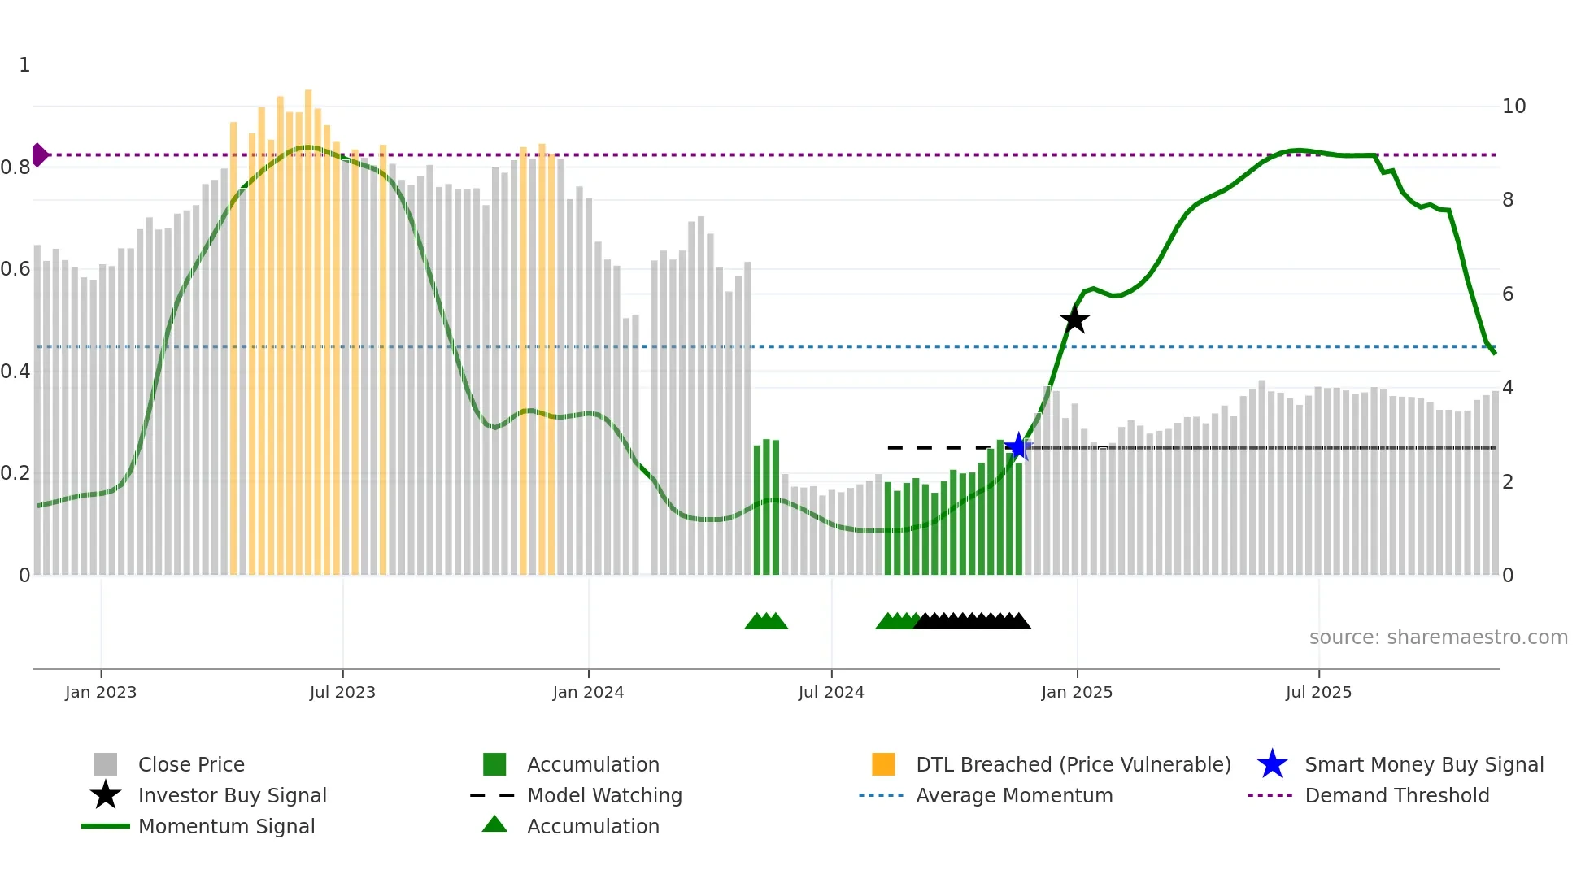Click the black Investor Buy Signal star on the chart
tap(1074, 320)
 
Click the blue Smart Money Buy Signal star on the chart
tap(1018, 446)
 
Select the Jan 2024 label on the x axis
tap(588, 692)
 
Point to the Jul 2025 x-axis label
tap(1318, 692)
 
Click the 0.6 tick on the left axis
tap(15, 269)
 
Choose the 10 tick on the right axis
tap(1513, 107)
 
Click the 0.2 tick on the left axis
tap(15, 473)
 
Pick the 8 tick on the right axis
tap(1508, 200)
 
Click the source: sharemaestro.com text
tap(1438, 637)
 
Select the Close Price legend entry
tap(191, 764)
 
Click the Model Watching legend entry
tap(604, 795)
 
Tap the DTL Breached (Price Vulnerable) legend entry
tap(1073, 764)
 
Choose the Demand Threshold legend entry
tap(1396, 795)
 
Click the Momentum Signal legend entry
tap(226, 826)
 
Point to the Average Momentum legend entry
tap(1013, 795)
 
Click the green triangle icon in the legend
tap(494, 824)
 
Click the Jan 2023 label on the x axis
tap(101, 692)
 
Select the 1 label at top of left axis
tap(24, 65)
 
